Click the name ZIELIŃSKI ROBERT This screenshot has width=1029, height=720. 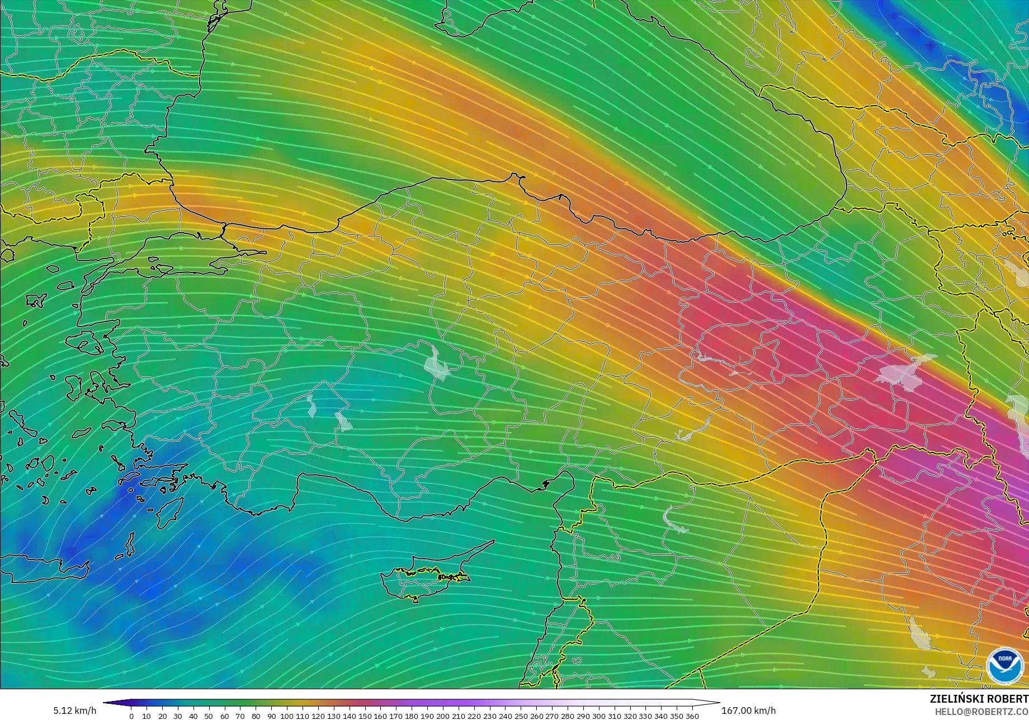tap(979, 699)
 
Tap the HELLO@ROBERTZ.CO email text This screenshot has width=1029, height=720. tap(982, 711)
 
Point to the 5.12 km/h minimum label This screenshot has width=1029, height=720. tap(75, 710)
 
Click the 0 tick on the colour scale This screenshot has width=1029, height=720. tap(131, 716)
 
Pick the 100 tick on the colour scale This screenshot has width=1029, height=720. tap(287, 716)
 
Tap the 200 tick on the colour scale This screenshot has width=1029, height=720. tap(443, 716)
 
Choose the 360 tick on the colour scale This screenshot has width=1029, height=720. tap(692, 716)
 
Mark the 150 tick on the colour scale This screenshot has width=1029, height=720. tap(365, 716)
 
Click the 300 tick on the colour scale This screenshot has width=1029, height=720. tap(598, 716)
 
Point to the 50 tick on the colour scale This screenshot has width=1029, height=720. tap(209, 716)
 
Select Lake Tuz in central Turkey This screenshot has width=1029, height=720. tap(437, 363)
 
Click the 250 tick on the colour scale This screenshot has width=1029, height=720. tap(521, 716)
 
